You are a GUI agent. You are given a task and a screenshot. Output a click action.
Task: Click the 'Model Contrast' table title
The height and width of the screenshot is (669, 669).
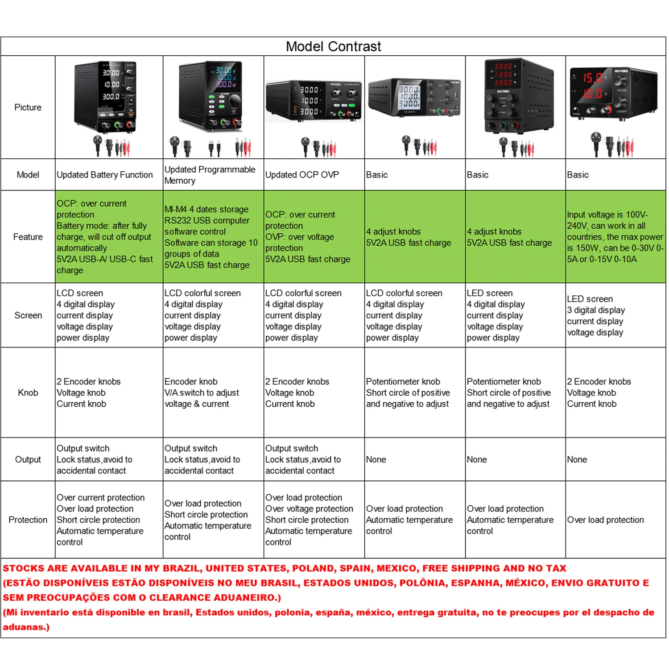[333, 46]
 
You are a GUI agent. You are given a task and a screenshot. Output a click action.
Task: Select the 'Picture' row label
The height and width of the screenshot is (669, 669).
[28, 107]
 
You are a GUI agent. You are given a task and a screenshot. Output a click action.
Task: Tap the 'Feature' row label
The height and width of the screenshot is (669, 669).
[28, 237]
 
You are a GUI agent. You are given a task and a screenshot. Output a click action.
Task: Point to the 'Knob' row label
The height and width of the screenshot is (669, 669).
[28, 392]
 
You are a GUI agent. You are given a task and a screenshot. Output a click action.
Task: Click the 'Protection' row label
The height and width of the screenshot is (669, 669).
[28, 520]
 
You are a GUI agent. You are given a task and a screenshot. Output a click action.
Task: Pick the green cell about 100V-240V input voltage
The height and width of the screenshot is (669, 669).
[615, 237]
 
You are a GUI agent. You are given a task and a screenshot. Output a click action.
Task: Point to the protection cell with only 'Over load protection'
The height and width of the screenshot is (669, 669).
[605, 520]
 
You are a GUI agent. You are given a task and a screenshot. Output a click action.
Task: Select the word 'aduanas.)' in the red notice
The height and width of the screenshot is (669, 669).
[26, 627]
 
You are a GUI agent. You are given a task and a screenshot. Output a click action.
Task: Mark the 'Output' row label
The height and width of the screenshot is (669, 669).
[28, 459]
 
